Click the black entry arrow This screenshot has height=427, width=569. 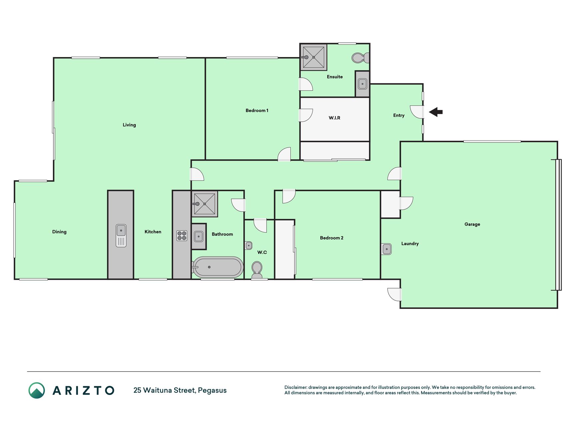435,112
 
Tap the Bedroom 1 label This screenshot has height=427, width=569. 257,110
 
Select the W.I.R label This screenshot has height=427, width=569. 334,118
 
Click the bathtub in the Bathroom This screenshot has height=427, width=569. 218,267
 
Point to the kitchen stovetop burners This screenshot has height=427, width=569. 182,236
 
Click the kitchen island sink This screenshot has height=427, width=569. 121,236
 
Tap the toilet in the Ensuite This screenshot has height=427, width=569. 360,58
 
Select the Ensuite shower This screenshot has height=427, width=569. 313,57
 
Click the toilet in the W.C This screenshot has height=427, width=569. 257,270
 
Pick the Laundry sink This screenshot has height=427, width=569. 386,249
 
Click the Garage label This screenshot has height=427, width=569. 472,224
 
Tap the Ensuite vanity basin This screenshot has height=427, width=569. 362,84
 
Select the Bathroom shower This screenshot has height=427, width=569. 204,204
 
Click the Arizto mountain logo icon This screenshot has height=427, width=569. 37,390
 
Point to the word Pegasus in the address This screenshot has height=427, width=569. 212,390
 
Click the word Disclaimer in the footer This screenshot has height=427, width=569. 296,387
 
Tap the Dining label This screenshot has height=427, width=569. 59,232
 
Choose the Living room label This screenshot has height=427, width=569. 129,125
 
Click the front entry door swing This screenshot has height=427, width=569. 417,112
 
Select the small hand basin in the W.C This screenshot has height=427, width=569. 249,246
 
